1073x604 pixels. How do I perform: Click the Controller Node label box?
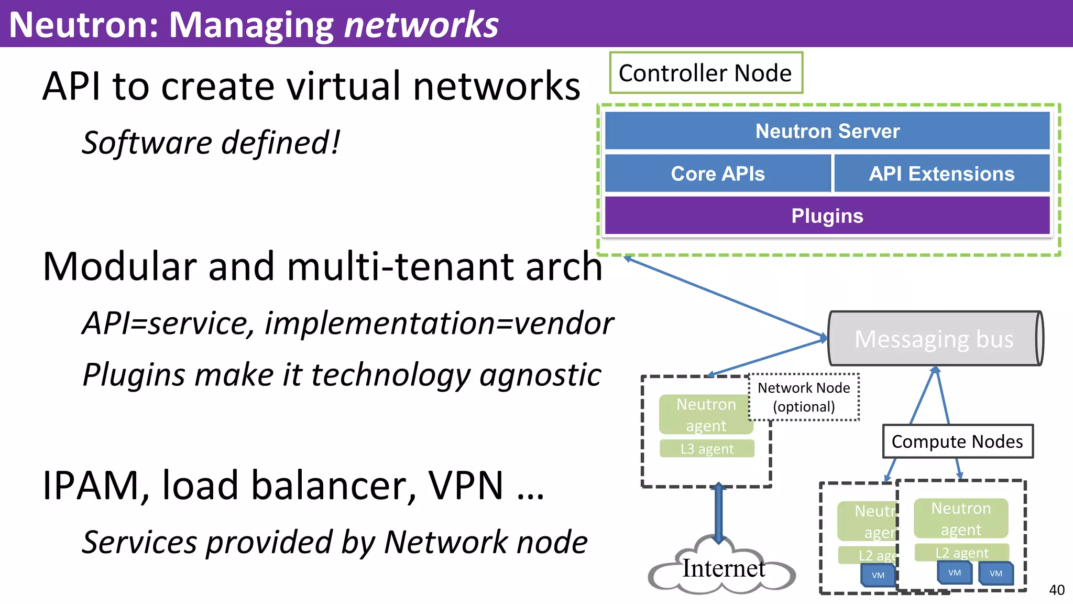706,73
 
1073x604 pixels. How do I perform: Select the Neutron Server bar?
827,131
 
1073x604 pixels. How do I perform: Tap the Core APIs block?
718,174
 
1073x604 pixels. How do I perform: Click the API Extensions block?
941,174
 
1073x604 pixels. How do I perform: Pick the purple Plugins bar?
827,215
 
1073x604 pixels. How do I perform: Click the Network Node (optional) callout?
804,397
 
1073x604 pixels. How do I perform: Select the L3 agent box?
707,449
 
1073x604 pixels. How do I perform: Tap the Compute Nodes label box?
957,441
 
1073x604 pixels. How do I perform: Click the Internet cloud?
723,569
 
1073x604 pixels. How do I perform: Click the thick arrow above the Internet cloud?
719,511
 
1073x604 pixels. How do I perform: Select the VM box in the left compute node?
878,575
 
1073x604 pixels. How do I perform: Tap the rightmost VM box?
996,574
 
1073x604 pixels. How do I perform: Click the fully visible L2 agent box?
962,553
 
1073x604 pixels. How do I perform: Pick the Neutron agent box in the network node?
706,415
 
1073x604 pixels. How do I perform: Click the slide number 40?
1056,590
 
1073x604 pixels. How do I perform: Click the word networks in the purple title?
421,25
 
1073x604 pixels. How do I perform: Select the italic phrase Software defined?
211,143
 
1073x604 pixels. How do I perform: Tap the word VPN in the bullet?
466,486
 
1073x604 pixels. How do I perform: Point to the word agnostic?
540,375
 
